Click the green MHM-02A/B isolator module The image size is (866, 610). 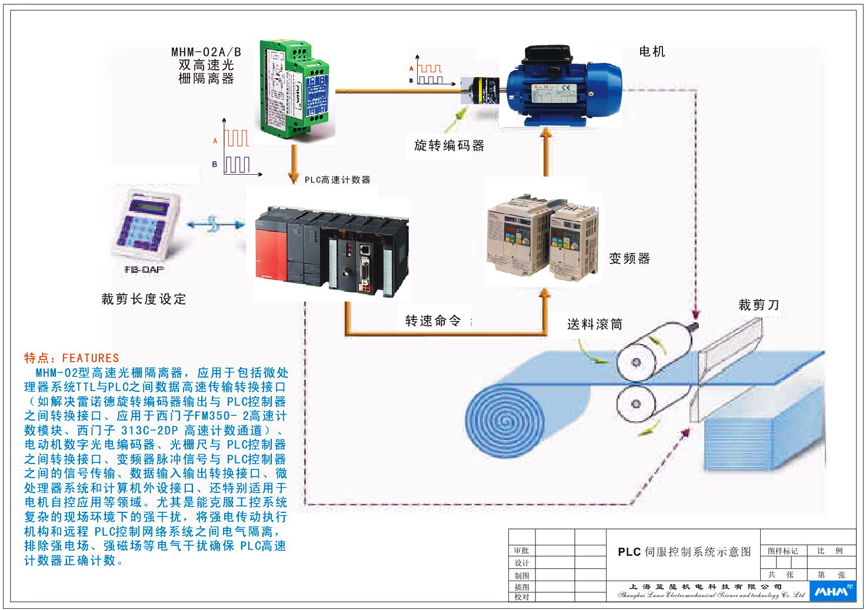pyautogui.click(x=294, y=88)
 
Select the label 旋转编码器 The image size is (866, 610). pyautogui.click(x=449, y=145)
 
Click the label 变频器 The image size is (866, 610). pyautogui.click(x=629, y=258)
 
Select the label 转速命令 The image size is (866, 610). pyautogui.click(x=433, y=321)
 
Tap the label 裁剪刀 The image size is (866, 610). pyautogui.click(x=758, y=305)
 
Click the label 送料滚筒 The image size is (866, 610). pyautogui.click(x=594, y=324)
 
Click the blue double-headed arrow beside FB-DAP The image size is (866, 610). pyautogui.click(x=215, y=225)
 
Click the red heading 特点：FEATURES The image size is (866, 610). pyautogui.click(x=71, y=358)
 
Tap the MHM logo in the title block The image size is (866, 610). pyautogui.click(x=833, y=591)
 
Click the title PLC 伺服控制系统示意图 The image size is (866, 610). pyautogui.click(x=684, y=552)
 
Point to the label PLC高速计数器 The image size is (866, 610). pyautogui.click(x=337, y=179)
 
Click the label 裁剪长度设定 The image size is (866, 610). pyautogui.click(x=144, y=299)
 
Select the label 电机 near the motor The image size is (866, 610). pyautogui.click(x=652, y=52)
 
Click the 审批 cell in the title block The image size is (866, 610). pyautogui.click(x=521, y=551)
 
